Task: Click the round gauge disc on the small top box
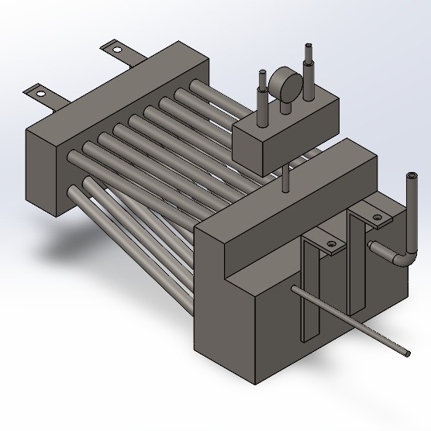click(284, 84)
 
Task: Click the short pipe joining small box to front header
click(286, 178)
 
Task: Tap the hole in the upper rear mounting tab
click(118, 50)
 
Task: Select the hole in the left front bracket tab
click(331, 246)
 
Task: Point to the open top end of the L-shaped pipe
click(410, 179)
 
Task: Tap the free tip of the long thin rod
click(407, 353)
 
